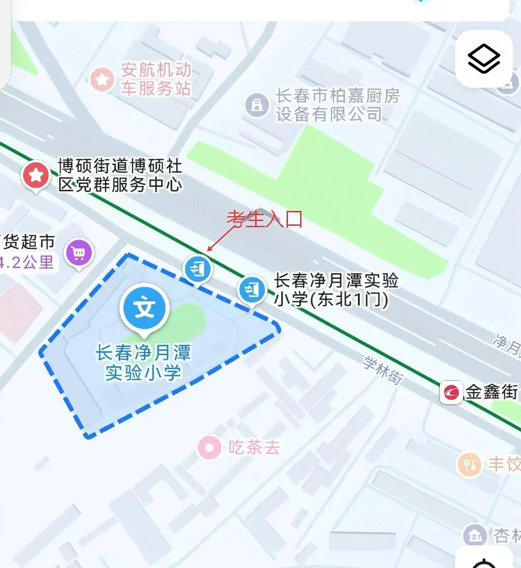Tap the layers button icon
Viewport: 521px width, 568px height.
point(484,59)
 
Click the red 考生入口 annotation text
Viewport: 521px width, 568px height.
point(265,219)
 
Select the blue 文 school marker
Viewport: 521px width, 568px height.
point(145,308)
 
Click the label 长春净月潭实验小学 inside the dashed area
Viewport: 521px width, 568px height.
point(143,362)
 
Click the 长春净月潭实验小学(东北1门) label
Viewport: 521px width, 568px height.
point(336,290)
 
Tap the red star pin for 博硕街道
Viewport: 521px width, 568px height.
point(36,176)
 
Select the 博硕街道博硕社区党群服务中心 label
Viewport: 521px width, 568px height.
point(120,175)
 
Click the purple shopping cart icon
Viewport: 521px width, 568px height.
point(79,252)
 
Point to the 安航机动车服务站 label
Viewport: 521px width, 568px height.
point(155,79)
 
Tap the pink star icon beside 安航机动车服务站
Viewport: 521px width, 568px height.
point(102,79)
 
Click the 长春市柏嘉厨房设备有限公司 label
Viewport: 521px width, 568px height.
point(338,105)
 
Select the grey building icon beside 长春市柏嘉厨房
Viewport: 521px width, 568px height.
point(257,105)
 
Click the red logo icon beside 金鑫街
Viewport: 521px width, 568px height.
point(452,392)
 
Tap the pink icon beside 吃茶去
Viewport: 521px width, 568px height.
point(210,448)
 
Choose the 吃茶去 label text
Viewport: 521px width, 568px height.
point(254,448)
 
